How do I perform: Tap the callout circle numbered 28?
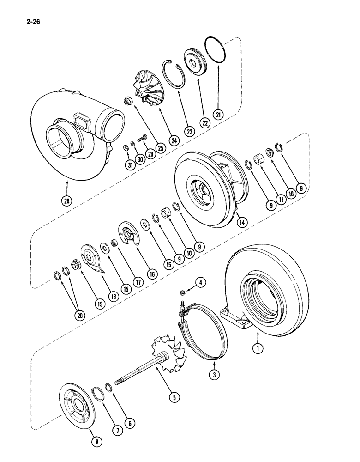coord(67,201)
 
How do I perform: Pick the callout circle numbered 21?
coord(218,114)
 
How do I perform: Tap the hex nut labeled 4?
coord(182,292)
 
